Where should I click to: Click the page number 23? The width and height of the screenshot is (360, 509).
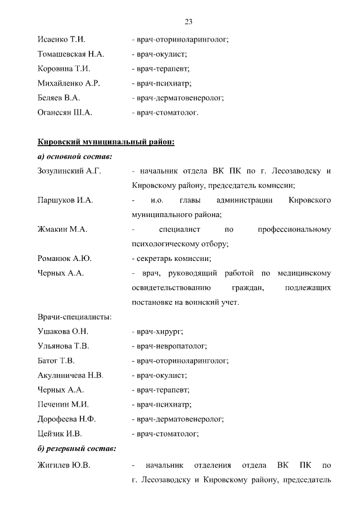[x=188, y=22]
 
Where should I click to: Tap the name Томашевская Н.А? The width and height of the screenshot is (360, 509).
[x=70, y=55]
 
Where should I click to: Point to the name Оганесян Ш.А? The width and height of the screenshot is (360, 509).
[x=65, y=112]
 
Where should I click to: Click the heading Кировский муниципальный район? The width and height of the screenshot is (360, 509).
[x=106, y=141]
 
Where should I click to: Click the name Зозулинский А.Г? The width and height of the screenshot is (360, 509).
[x=69, y=170]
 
